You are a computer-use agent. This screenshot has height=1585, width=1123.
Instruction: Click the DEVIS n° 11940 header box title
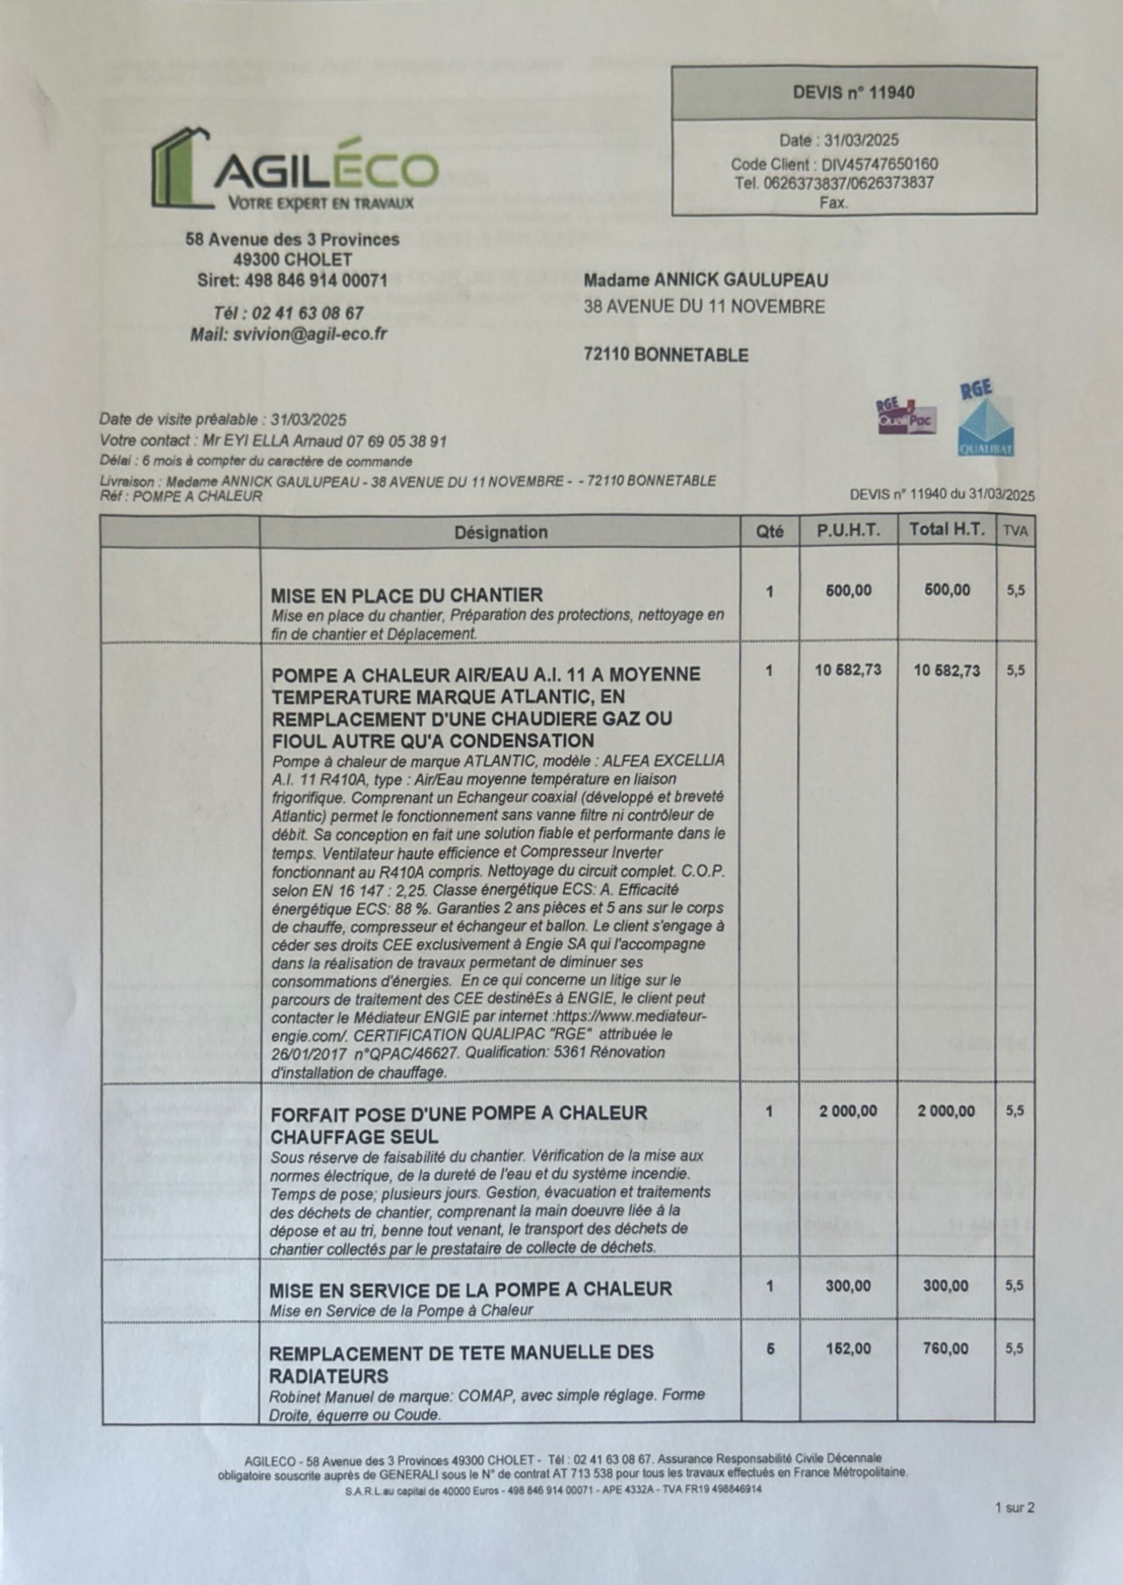853,93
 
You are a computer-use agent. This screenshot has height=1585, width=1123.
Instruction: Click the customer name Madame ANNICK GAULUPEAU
705,280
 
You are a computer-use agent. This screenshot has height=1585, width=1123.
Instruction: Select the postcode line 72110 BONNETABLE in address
666,355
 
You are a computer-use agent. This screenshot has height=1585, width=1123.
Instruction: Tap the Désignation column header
501,532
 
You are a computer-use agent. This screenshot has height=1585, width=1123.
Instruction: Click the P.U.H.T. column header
848,530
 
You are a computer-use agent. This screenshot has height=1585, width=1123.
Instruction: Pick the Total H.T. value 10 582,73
947,670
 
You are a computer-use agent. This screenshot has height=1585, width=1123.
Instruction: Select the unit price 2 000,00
848,1111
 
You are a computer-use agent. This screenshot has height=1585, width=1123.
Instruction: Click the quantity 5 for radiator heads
770,1348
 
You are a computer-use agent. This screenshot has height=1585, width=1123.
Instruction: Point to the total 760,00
946,1348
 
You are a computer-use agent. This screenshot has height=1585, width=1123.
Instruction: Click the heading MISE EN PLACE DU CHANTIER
407,595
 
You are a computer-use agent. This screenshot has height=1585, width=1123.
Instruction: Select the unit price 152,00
848,1348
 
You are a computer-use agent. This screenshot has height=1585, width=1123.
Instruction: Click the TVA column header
1015,532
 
